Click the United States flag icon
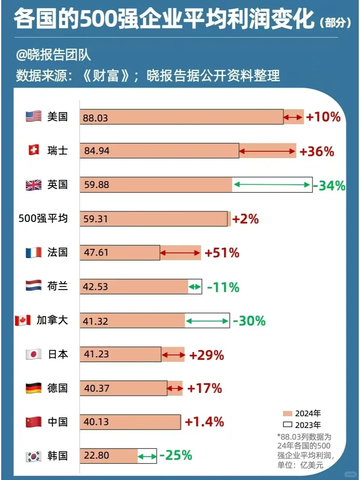[33, 117]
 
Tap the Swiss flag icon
[33, 151]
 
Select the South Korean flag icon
[33, 456]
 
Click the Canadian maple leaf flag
[23, 321]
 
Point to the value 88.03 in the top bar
[96, 118]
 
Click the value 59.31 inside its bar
[96, 219]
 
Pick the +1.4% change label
[204, 422]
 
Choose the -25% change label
[176, 455]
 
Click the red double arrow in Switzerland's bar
[268, 152]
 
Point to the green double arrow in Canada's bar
[207, 321]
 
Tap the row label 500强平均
[43, 219]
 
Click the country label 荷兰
[58, 286]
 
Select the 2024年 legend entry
[302, 413]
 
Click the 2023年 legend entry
[302, 425]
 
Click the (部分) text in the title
[335, 23]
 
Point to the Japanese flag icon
[33, 355]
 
